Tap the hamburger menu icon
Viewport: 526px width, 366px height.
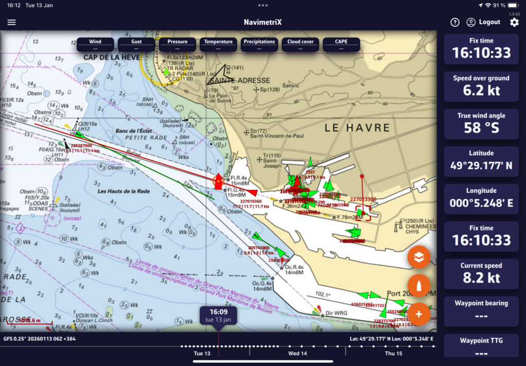(12, 23)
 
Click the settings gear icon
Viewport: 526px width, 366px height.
(514, 22)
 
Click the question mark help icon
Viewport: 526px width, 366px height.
(455, 22)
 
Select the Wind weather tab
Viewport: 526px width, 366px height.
(95, 44)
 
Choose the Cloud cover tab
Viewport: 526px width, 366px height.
(300, 44)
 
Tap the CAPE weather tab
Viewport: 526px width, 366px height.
(342, 44)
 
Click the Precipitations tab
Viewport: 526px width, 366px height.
(259, 44)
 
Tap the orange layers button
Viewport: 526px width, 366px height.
(419, 258)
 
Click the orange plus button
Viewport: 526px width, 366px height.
(419, 313)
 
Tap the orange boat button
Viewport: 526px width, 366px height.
(419, 286)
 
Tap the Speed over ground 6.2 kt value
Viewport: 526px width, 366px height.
(481, 90)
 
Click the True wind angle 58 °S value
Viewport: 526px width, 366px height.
(481, 128)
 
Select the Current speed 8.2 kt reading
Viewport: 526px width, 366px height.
(481, 278)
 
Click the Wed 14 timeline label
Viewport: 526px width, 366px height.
(297, 354)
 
